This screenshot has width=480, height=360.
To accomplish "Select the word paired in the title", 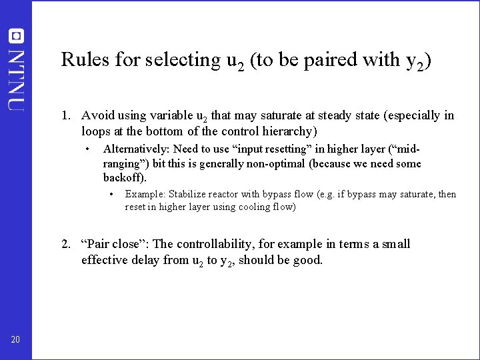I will pos(318,60).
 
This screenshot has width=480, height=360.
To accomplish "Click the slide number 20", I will pos(15,341).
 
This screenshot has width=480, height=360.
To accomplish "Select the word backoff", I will pos(124,178).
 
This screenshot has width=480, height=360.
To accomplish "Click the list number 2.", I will pos(65,244).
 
